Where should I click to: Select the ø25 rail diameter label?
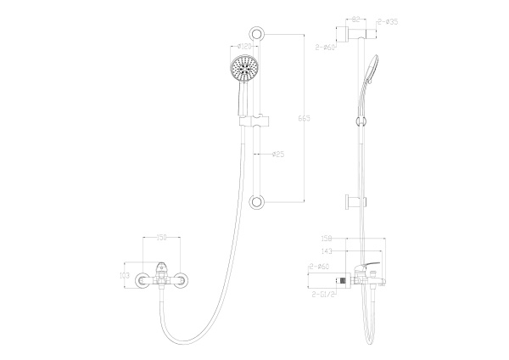pos(277,155)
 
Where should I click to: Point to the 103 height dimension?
pos(124,276)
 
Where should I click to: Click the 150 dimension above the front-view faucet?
pos(160,239)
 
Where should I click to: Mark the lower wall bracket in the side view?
pos(351,201)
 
